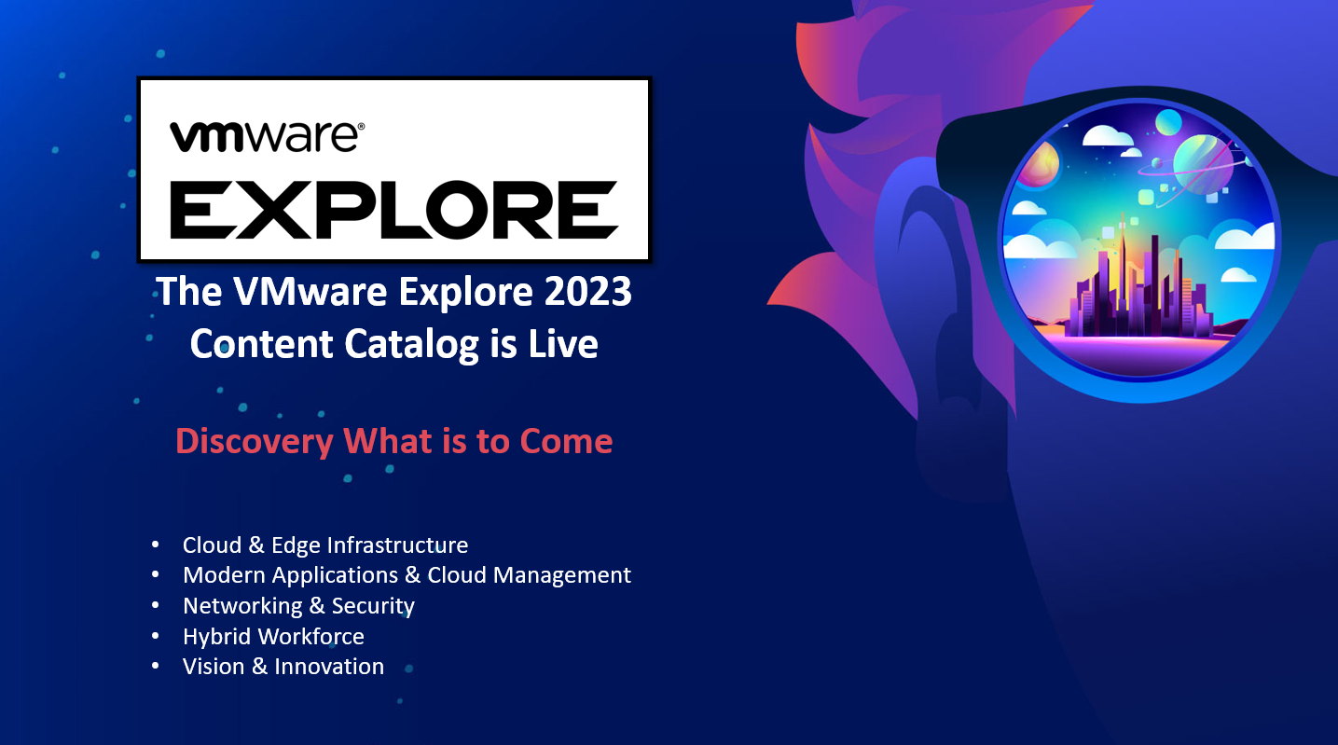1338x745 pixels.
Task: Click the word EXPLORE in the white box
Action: click(x=394, y=210)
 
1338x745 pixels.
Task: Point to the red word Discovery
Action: click(x=255, y=442)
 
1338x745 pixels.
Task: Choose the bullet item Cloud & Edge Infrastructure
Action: click(x=324, y=545)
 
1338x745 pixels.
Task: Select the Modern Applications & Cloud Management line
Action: click(x=407, y=575)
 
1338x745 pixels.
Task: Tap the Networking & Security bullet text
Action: click(x=298, y=606)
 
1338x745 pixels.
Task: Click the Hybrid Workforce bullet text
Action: click(x=273, y=636)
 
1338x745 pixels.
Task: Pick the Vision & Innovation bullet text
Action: click(x=283, y=667)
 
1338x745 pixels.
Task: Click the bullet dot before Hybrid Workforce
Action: click(x=156, y=636)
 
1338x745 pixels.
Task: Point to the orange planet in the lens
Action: click(x=1041, y=163)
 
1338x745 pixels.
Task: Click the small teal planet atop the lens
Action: click(x=1168, y=122)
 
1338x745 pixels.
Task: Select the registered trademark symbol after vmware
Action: click(x=360, y=127)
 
